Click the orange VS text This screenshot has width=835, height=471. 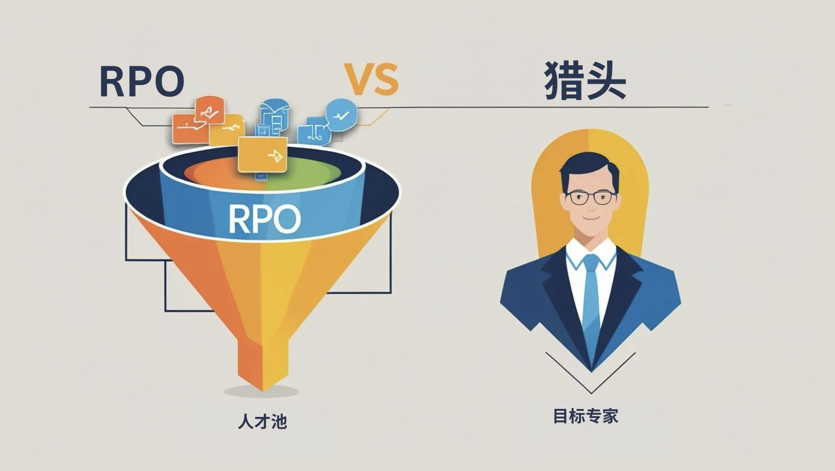pos(371,79)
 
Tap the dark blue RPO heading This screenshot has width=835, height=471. pos(141,81)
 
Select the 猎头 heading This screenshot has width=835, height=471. pos(585,80)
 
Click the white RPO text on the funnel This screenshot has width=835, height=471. pos(264,219)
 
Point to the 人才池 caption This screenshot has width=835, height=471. pos(263,421)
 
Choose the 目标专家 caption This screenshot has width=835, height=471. pos(586,416)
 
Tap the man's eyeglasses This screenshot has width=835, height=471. pos(590,197)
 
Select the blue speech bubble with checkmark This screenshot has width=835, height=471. pos(341,114)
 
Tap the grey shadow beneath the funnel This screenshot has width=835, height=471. pos(262,391)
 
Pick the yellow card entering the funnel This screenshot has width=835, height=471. pos(263,154)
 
